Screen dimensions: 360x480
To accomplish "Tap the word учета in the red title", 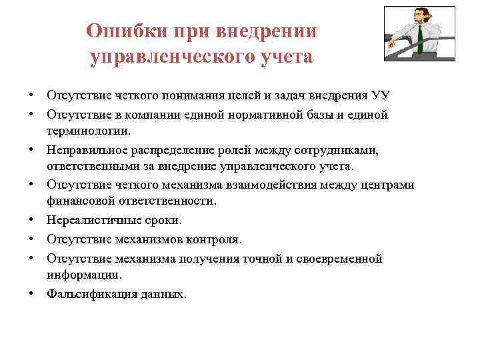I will (282, 57).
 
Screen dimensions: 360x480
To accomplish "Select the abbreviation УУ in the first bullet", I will (382, 96).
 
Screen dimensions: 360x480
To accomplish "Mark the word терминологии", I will (89, 131).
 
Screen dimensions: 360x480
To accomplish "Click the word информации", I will (79, 274).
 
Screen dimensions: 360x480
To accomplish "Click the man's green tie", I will (421, 39).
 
